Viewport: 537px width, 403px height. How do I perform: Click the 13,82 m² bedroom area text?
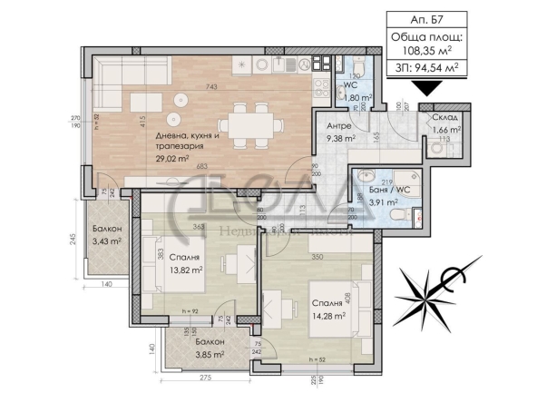187,270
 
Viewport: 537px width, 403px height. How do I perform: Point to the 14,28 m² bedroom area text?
329,315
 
